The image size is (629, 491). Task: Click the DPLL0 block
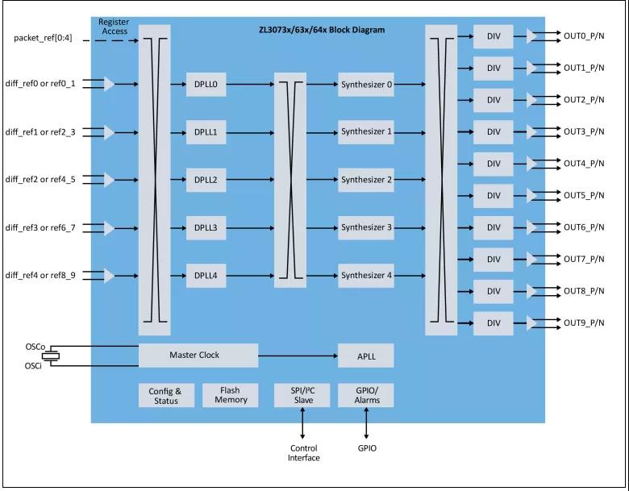[206, 83]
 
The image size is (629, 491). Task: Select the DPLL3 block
[206, 228]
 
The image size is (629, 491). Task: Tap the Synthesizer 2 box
[366, 180]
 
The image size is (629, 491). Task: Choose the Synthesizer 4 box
[366, 276]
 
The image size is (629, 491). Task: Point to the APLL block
[366, 355]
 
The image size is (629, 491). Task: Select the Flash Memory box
[231, 395]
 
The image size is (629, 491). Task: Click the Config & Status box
[166, 395]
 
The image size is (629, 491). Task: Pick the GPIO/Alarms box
[366, 395]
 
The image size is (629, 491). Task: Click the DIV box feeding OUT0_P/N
[493, 36]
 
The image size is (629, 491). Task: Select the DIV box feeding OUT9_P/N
[493, 323]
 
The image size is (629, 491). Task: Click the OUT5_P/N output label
[585, 196]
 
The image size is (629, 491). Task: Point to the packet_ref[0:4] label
[45, 38]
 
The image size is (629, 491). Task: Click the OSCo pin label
[35, 347]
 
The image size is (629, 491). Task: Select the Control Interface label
[303, 453]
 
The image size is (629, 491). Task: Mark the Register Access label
[114, 26]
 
